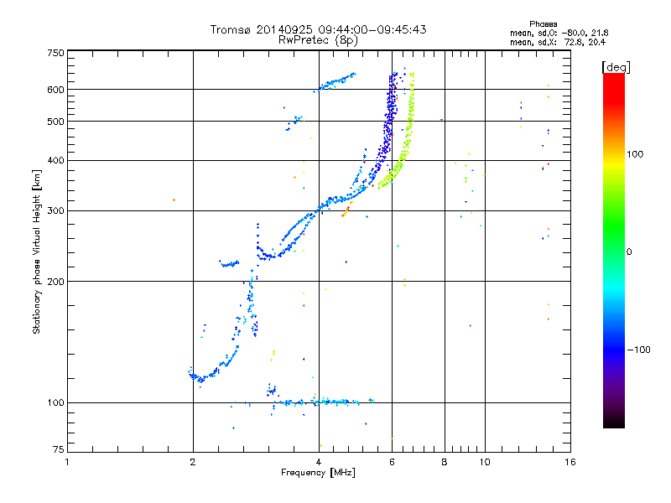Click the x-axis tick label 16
click(570, 462)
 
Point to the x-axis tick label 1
click(67, 462)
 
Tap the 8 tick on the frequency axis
click(445, 462)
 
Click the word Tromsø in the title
click(232, 29)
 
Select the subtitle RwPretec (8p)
click(319, 39)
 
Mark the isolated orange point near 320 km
click(174, 200)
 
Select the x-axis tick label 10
click(484, 462)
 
